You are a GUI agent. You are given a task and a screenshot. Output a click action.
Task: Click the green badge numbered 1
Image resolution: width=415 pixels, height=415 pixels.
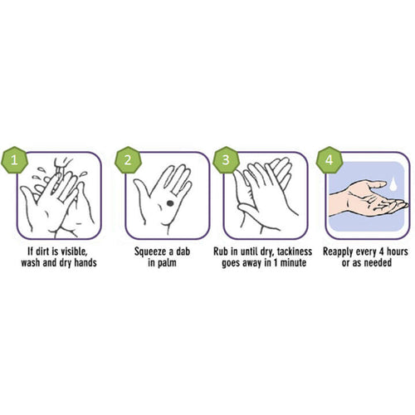[14, 160]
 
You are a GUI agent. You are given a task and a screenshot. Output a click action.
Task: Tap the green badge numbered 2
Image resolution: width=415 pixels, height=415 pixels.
[128, 160]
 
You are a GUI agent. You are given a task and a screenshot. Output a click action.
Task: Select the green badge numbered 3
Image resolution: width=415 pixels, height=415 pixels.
[226, 160]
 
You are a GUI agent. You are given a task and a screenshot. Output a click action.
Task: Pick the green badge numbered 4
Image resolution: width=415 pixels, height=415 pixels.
[330, 160]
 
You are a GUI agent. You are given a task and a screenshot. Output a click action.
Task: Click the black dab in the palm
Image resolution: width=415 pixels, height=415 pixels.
[170, 203]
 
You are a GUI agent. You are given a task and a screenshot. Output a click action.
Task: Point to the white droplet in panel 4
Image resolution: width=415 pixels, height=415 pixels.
[393, 184]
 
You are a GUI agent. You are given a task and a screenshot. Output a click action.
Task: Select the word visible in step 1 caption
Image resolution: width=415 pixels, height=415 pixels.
[73, 251]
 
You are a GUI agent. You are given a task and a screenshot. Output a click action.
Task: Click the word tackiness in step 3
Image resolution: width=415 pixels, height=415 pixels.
[295, 251]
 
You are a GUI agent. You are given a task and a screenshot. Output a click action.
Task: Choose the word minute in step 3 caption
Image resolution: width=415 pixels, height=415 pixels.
[293, 262]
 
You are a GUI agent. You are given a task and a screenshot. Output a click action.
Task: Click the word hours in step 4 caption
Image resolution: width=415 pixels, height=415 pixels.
[397, 251]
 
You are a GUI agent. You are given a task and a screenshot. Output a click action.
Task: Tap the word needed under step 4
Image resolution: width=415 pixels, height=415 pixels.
[378, 262]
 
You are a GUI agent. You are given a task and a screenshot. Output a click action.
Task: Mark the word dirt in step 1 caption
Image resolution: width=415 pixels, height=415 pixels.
[44, 251]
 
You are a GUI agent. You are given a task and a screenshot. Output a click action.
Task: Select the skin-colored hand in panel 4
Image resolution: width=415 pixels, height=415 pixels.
[368, 200]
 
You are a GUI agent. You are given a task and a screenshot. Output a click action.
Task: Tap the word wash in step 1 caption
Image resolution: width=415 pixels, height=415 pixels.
[31, 262]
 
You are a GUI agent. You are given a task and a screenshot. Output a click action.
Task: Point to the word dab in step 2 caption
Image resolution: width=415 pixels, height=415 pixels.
[183, 251]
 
